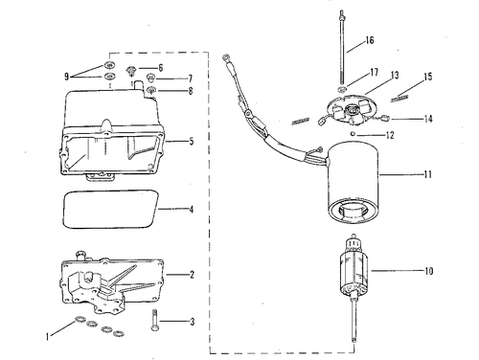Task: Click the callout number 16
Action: click(x=370, y=40)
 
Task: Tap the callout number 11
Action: click(x=428, y=174)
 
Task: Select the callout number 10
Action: click(x=428, y=271)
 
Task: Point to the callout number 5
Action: click(x=192, y=141)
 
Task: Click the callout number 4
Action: click(x=192, y=210)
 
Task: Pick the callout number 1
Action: click(x=47, y=336)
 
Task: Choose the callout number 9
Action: click(x=66, y=77)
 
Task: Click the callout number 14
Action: click(x=428, y=119)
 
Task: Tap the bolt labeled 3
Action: click(x=154, y=321)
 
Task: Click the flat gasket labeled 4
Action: click(x=110, y=210)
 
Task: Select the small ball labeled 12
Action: click(x=353, y=134)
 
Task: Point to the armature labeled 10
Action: click(x=354, y=271)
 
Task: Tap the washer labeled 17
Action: click(x=342, y=88)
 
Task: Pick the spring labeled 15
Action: click(x=399, y=99)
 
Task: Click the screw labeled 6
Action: click(x=131, y=71)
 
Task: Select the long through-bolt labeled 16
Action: click(x=342, y=47)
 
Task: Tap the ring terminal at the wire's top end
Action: click(x=225, y=58)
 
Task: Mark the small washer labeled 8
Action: click(x=151, y=90)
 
